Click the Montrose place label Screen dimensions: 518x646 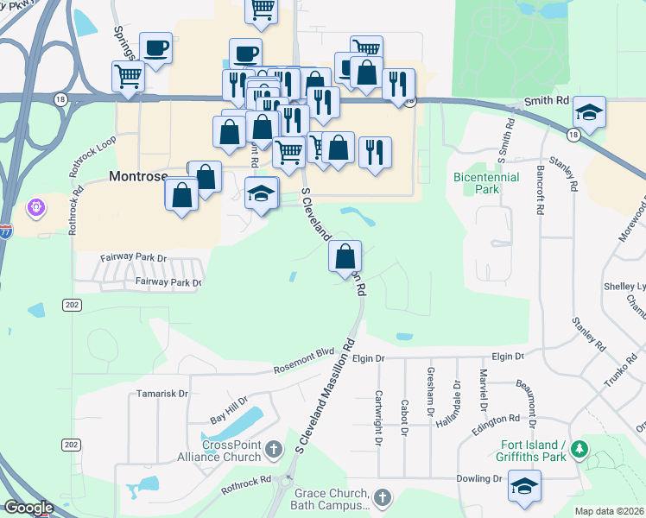(x=138, y=175)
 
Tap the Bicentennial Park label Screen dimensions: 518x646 (x=486, y=183)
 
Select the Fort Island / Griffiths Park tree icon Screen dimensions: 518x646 (x=581, y=449)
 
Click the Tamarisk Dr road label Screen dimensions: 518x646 (x=162, y=394)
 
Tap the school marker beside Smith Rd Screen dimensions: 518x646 (x=590, y=112)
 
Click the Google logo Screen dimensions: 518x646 (x=28, y=508)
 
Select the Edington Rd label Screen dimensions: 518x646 (x=496, y=419)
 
